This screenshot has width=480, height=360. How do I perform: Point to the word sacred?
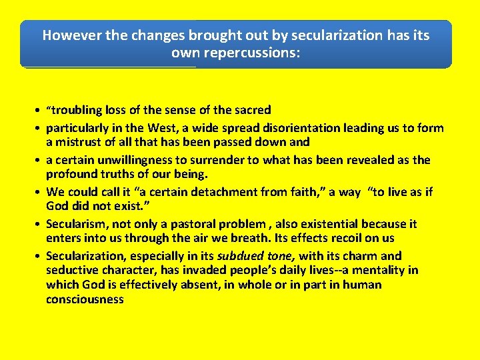pos(251,110)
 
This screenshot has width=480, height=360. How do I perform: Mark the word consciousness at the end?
pos(85,299)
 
